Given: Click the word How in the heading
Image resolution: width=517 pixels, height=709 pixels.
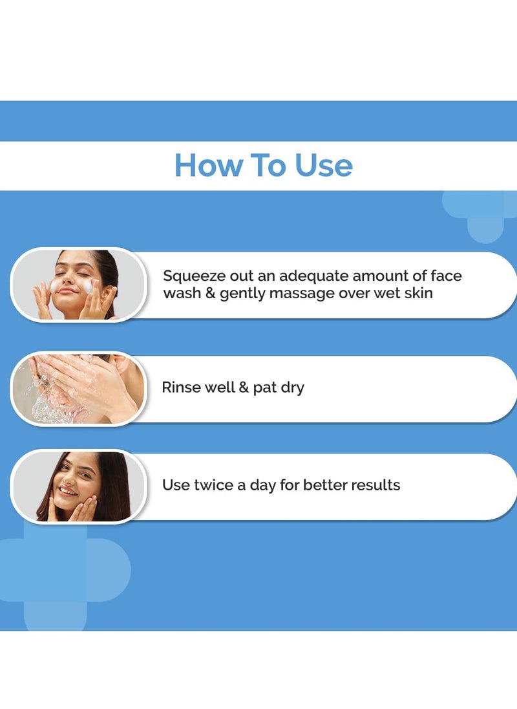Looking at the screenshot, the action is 208,165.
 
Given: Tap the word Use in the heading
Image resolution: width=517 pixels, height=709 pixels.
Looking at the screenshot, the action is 324,165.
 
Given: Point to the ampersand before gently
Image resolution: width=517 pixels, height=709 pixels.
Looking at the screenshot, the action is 210,293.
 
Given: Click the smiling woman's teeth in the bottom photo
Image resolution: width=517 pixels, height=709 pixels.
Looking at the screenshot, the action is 69,490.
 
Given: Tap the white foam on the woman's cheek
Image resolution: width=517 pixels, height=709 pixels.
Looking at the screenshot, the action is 88,286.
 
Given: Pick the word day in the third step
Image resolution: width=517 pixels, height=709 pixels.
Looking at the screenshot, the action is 262,486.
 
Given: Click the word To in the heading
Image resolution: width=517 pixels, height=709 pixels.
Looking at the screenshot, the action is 268,165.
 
